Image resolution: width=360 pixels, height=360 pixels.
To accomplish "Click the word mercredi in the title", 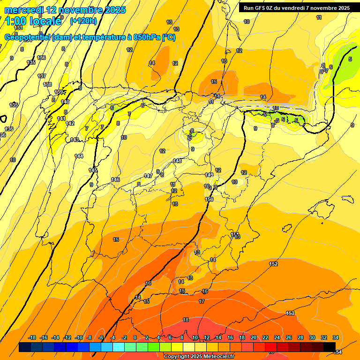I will (x=24, y=9).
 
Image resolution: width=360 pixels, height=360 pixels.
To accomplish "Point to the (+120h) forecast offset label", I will (x=83, y=21).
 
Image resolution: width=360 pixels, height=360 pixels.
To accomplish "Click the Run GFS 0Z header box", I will (x=297, y=7).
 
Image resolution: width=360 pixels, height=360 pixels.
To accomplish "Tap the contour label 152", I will (x=273, y=264).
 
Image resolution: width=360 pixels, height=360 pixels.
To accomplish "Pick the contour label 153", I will (x=290, y=313).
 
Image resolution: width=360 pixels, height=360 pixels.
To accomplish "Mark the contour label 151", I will (x=235, y=234).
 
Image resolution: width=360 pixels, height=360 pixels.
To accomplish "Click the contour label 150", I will (x=209, y=199).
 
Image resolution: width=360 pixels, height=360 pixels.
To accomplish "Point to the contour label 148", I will (x=177, y=161).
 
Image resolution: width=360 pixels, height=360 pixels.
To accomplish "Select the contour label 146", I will (x=115, y=180).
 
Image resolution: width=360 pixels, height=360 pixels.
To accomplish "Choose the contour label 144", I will (x=79, y=156).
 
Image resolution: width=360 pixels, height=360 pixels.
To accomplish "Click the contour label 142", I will (x=70, y=123).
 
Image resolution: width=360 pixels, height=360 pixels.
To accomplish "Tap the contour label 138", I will (x=47, y=84).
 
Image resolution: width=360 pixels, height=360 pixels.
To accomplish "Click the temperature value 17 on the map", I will (x=202, y=301).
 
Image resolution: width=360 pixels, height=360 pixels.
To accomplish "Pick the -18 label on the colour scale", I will (x=32, y=337).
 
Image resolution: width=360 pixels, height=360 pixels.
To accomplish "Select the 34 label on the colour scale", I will (x=336, y=337).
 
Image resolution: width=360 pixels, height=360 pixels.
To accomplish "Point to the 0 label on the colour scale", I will (x=135, y=337).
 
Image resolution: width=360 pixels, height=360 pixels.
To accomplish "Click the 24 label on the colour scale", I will (x=277, y=337).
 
